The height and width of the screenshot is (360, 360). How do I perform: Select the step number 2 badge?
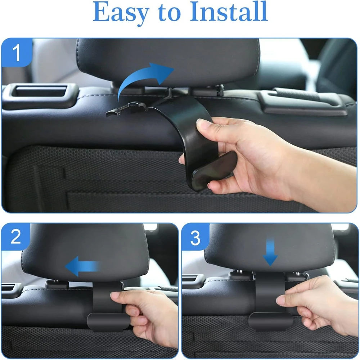[16, 238]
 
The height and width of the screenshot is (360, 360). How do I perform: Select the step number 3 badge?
[195, 238]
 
